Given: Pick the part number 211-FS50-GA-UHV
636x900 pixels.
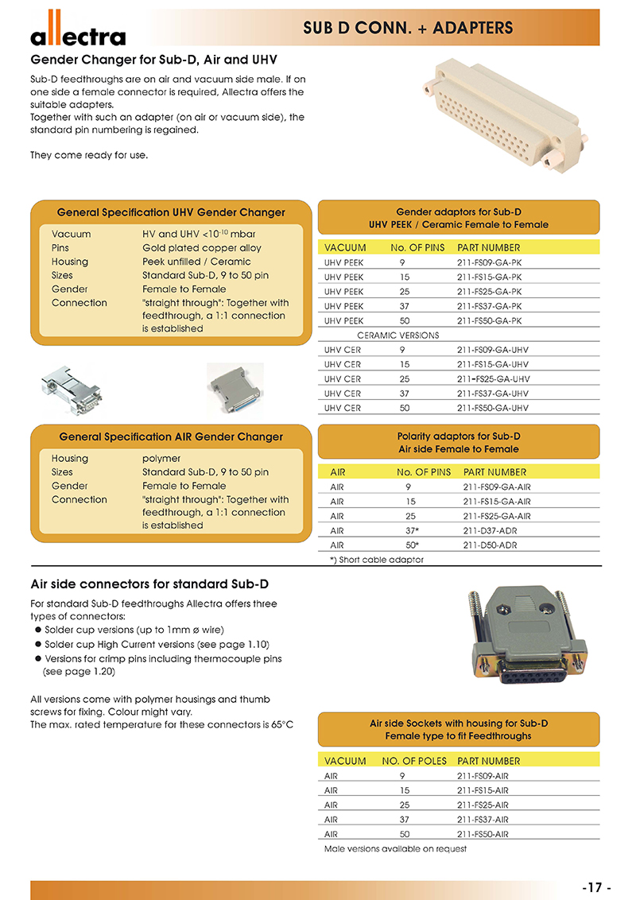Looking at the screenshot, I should (x=493, y=408).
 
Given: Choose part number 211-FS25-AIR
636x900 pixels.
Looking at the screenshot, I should (x=483, y=805).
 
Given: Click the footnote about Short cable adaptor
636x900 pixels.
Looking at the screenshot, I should (x=377, y=559).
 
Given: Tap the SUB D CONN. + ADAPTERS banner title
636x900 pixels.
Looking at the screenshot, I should (x=408, y=29).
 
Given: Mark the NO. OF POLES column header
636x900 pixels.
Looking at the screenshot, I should (x=412, y=761).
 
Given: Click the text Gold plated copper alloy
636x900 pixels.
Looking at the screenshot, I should (x=202, y=248).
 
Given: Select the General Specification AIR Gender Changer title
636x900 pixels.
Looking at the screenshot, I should (x=171, y=436).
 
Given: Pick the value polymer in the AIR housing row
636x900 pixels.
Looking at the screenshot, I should (x=161, y=459).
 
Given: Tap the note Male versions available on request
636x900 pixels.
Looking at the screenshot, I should (x=395, y=848).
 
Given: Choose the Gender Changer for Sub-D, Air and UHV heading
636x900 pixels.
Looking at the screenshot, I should (x=153, y=60).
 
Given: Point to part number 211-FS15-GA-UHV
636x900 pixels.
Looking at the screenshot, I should (x=493, y=365).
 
